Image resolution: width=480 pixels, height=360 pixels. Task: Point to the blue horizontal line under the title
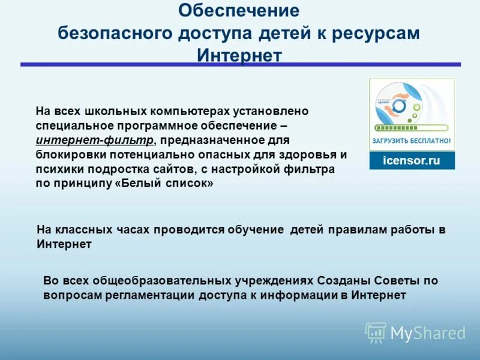point(240,64)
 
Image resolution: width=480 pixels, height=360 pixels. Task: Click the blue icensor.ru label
point(412,161)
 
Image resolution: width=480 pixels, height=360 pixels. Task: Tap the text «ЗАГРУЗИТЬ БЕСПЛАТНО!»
point(412,141)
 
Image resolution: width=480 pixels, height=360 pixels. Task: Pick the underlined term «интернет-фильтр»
point(94,140)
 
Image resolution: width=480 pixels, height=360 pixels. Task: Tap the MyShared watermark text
point(428,333)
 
